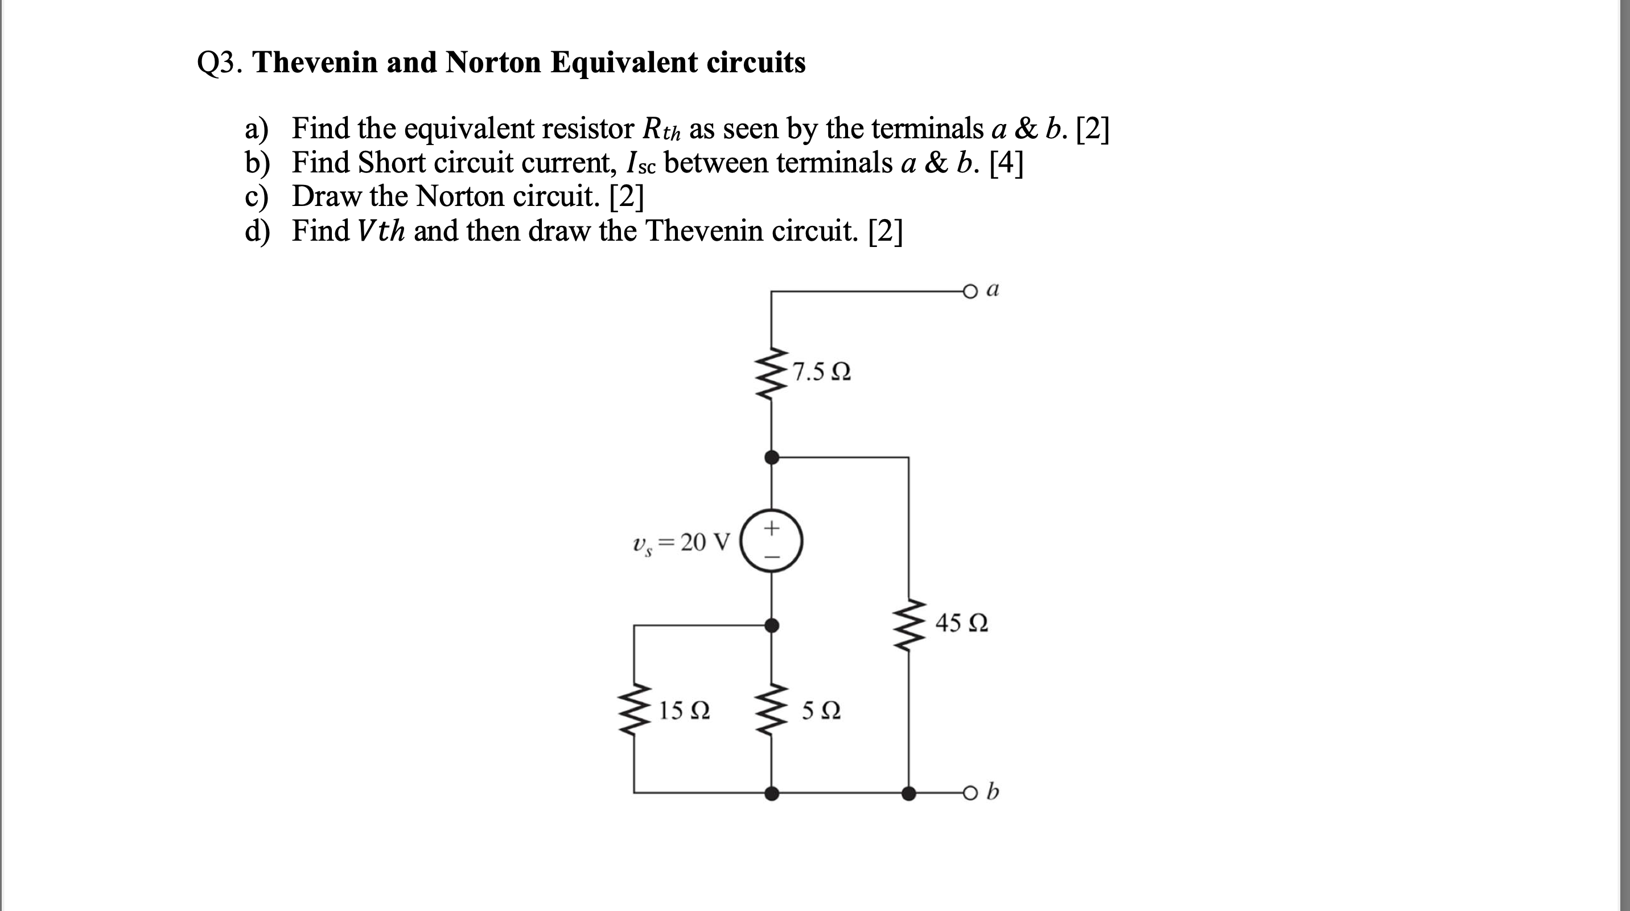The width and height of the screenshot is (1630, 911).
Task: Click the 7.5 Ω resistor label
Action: point(821,372)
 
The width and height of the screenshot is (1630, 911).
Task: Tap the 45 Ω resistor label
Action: point(961,623)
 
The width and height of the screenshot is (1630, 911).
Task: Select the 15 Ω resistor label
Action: point(684,711)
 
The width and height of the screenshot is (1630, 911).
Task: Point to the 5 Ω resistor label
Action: point(821,711)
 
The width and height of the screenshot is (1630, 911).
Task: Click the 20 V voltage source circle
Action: point(771,542)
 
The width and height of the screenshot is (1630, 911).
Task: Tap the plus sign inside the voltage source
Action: point(771,527)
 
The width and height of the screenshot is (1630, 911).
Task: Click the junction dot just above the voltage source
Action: point(771,457)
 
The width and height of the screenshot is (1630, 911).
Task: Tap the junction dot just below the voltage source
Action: point(771,625)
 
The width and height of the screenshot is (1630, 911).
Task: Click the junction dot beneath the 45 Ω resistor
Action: point(909,793)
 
